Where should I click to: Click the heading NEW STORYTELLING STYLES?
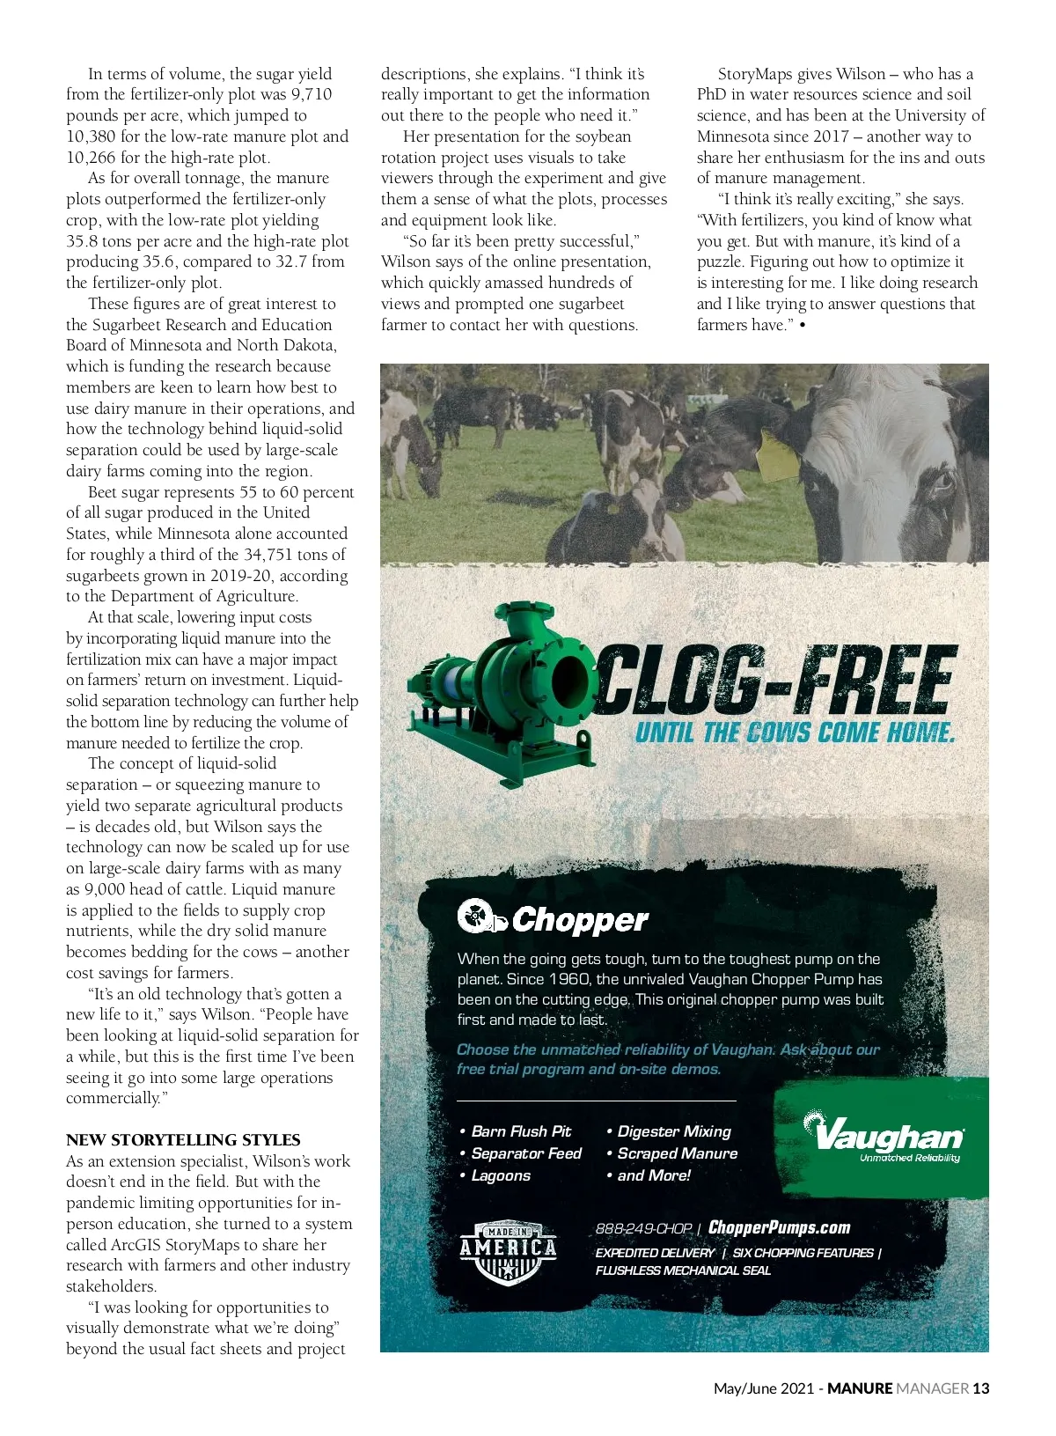[x=183, y=1139]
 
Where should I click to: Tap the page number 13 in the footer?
[x=980, y=1388]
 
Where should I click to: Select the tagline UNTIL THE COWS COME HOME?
[x=795, y=733]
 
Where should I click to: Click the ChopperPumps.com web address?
[x=779, y=1227]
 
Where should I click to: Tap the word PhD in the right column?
[x=711, y=94]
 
